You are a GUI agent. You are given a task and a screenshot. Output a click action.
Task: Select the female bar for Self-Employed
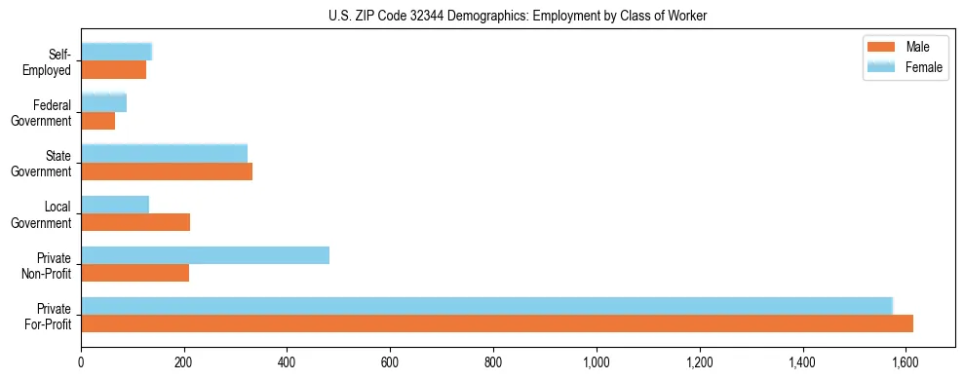coord(116,52)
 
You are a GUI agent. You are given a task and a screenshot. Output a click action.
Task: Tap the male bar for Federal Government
coord(97,121)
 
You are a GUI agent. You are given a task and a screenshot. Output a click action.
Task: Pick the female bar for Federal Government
coord(103,102)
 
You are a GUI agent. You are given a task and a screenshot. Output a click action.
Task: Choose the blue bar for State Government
coord(164,153)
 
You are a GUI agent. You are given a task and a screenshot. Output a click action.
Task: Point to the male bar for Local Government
coord(135,222)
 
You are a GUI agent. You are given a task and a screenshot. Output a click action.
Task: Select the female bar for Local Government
coord(115,205)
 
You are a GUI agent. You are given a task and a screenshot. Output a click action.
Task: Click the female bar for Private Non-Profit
coord(205,255)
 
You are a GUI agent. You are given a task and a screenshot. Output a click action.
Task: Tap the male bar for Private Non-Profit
coord(135,273)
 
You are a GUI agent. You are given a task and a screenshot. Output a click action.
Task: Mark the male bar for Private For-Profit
coord(497,323)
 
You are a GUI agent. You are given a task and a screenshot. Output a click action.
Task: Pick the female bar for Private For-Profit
coord(486,306)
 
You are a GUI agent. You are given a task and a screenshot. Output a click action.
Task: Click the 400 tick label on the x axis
coord(287,363)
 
